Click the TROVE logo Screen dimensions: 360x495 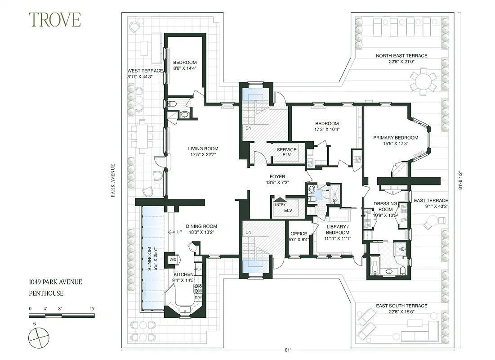[x=55, y=20]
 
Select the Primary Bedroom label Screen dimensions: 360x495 [x=396, y=138]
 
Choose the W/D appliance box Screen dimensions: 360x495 [x=173, y=260]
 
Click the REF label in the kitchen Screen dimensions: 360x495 [x=198, y=269]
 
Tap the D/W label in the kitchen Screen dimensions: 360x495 [x=198, y=297]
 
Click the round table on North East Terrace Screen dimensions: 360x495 [x=423, y=81]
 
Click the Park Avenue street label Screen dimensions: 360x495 [x=114, y=180]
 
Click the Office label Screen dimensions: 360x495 [x=299, y=234]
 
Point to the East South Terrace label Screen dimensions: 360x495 [x=401, y=306]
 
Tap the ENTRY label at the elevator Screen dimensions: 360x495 [x=280, y=205]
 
